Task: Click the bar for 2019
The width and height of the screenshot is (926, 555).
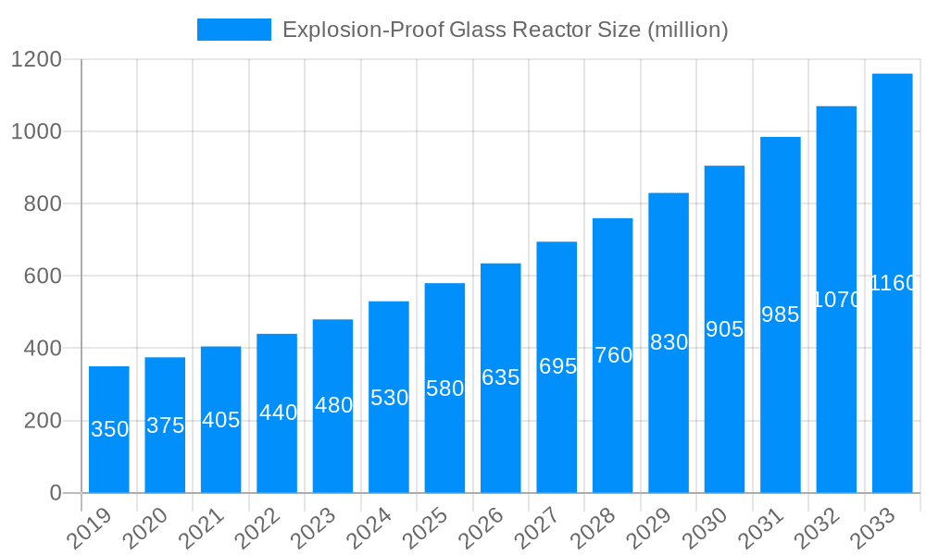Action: [109, 429]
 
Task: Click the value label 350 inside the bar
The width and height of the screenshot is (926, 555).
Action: [109, 429]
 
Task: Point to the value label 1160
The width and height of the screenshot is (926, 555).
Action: [893, 283]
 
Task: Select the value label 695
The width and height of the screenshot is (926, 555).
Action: [557, 366]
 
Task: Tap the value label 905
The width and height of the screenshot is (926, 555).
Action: [724, 329]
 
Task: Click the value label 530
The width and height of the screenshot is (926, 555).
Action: [389, 398]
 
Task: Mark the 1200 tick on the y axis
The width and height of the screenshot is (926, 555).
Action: [36, 60]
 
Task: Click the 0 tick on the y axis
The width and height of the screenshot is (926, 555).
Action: [56, 493]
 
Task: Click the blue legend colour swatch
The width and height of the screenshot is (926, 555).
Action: [233, 30]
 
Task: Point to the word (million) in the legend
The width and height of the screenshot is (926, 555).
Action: [688, 30]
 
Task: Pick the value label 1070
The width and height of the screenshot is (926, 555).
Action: [837, 300]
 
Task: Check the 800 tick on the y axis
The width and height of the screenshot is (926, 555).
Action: [43, 204]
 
